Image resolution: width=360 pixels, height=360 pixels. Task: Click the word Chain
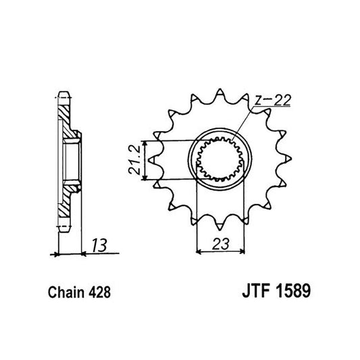(66, 294)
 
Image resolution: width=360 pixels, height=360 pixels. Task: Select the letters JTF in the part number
(253, 294)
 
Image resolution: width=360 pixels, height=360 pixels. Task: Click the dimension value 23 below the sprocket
(218, 245)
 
